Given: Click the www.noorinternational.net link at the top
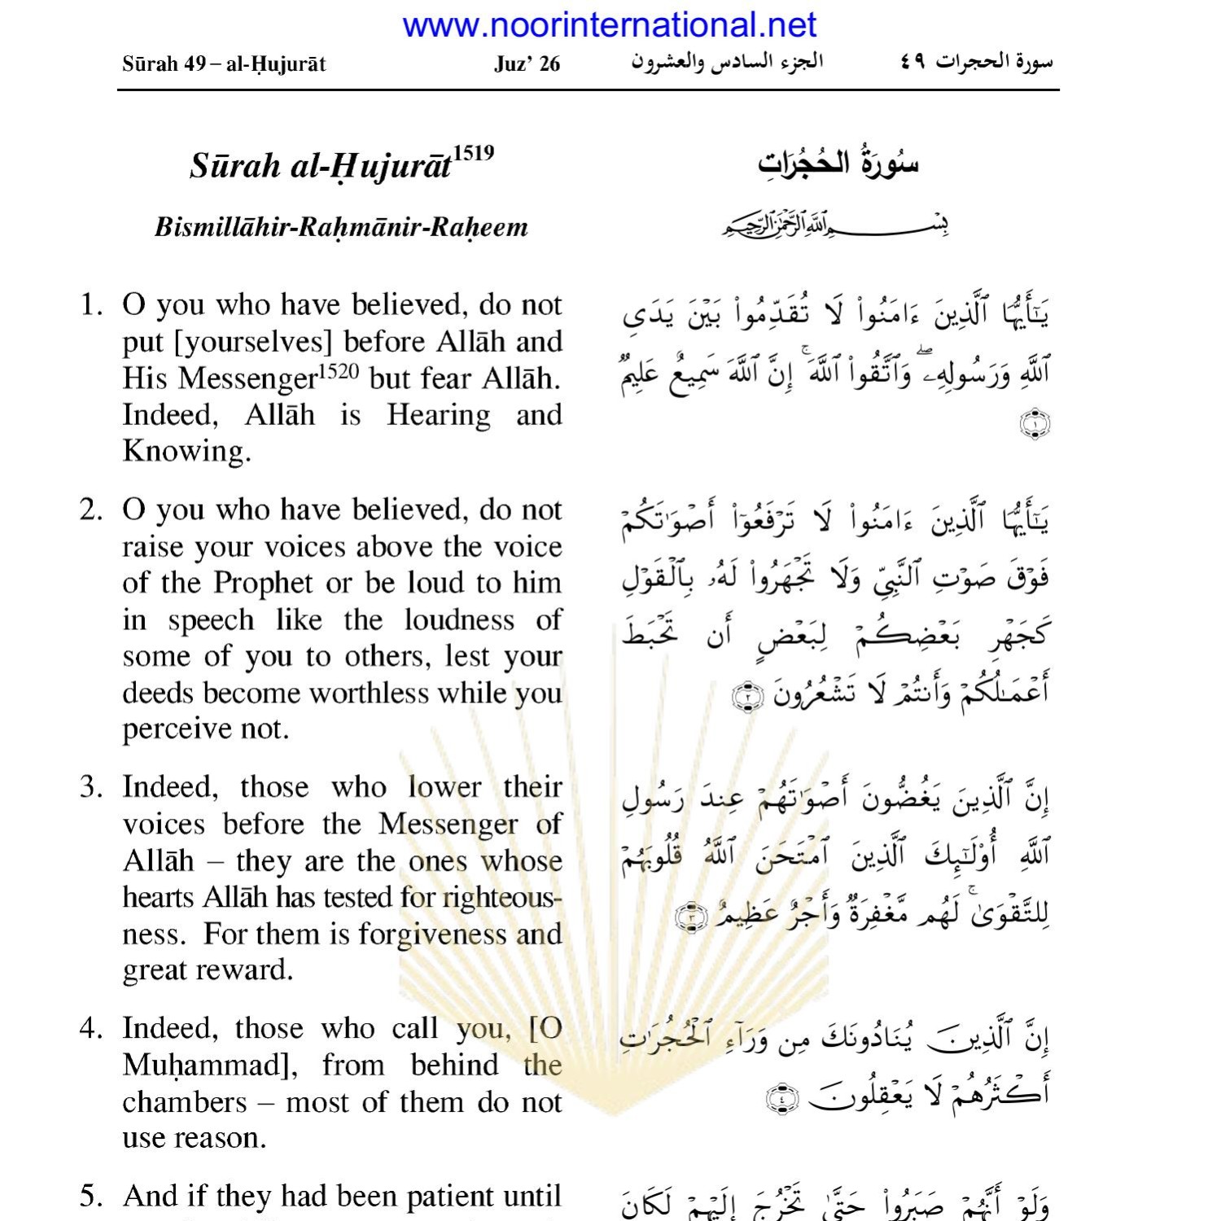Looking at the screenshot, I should (x=609, y=25).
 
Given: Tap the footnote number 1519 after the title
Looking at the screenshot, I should (x=474, y=153).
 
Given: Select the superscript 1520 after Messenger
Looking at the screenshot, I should (x=338, y=372).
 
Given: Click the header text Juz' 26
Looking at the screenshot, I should (x=527, y=63).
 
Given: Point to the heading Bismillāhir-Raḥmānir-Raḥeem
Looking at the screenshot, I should (x=341, y=226).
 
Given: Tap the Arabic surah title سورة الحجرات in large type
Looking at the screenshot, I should (x=838, y=164).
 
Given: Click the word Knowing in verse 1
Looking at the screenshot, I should (x=185, y=451).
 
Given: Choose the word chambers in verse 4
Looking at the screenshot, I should (x=185, y=1101).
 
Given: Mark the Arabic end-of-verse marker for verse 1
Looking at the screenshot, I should (x=1035, y=424).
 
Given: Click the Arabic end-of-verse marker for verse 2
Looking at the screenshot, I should (x=746, y=698).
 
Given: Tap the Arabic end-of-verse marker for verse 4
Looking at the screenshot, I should (x=783, y=1100).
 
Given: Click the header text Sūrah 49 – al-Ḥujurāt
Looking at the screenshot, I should (x=224, y=63).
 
